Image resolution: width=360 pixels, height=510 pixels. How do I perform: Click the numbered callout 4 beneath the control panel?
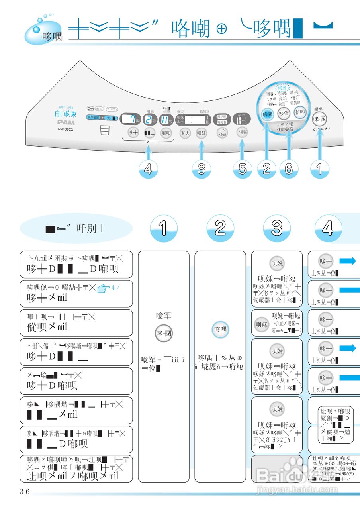pos(148,169)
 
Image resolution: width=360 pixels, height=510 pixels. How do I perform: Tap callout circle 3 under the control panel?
pos(202,169)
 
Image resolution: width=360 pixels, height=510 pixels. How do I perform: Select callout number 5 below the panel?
pos(242,169)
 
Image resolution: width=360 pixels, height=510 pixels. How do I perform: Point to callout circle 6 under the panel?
pos(289,169)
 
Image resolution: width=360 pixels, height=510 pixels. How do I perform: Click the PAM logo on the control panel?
pos(64,122)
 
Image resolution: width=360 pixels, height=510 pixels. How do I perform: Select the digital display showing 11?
pos(164,118)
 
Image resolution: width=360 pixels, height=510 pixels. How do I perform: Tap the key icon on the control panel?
pos(90,108)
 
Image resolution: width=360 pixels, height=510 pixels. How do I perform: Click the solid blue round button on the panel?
pos(267,114)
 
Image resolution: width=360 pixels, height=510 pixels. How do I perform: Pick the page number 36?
pos(25,491)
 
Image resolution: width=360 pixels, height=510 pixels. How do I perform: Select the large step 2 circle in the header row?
pos(220,228)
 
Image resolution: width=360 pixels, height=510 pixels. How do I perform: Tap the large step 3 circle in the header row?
pos(276,228)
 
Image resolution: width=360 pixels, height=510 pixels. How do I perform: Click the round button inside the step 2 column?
pos(220,330)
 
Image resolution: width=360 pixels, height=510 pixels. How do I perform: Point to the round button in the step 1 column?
pos(163,333)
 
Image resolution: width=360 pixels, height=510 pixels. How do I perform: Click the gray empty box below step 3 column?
pos(277,468)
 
